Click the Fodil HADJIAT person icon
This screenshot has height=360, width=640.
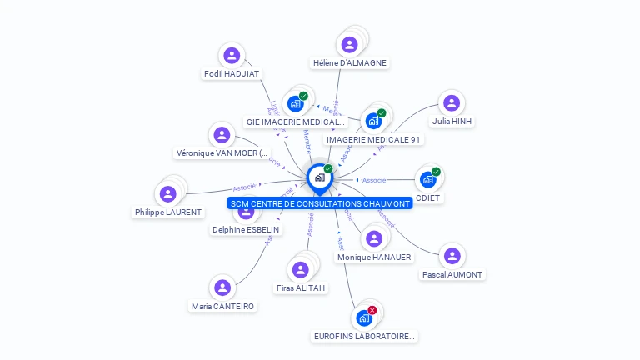click(232, 56)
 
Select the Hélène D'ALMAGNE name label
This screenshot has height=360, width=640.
click(350, 62)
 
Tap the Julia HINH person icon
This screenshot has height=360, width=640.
click(452, 103)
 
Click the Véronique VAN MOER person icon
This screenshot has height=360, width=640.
click(222, 135)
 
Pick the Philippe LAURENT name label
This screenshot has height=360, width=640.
click(168, 212)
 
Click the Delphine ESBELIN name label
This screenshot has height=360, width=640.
click(246, 229)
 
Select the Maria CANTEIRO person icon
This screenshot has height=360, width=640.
click(222, 287)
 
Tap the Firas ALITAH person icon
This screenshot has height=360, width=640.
click(300, 270)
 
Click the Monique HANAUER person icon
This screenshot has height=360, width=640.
click(374, 239)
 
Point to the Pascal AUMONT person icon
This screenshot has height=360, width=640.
click(452, 256)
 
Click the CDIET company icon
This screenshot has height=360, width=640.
click(427, 179)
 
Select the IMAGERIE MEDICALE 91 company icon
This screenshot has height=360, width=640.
click(373, 121)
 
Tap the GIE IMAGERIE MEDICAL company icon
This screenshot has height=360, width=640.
click(295, 103)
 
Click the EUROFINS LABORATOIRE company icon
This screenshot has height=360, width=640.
click(364, 317)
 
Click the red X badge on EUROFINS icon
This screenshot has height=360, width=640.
click(372, 310)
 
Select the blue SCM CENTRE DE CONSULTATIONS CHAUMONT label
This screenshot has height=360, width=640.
click(320, 203)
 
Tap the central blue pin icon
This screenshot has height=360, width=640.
click(319, 178)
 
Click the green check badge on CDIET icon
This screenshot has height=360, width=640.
click(436, 172)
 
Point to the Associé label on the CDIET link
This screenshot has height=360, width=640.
click(374, 180)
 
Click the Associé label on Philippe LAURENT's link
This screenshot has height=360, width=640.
click(244, 187)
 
